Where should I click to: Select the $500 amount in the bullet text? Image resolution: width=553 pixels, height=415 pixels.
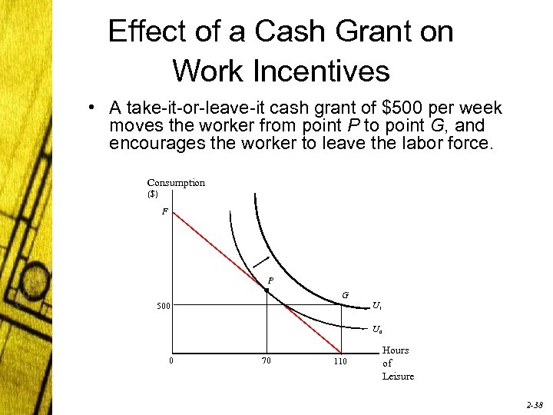(x=405, y=108)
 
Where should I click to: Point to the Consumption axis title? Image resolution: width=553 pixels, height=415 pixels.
(x=176, y=183)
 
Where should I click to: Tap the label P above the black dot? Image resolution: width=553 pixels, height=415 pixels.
(x=270, y=280)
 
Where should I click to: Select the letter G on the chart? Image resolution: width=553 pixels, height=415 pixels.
(x=346, y=295)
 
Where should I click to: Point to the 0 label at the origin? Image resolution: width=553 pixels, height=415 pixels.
(x=171, y=360)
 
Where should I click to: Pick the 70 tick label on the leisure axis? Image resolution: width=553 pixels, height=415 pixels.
(x=266, y=361)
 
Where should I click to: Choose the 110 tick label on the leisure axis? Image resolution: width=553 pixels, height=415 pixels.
(x=340, y=361)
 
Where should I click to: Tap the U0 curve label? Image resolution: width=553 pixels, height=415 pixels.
(x=377, y=330)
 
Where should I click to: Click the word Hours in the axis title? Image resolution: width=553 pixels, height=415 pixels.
(x=396, y=350)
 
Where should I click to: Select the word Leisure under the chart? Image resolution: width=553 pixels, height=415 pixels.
(x=398, y=377)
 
